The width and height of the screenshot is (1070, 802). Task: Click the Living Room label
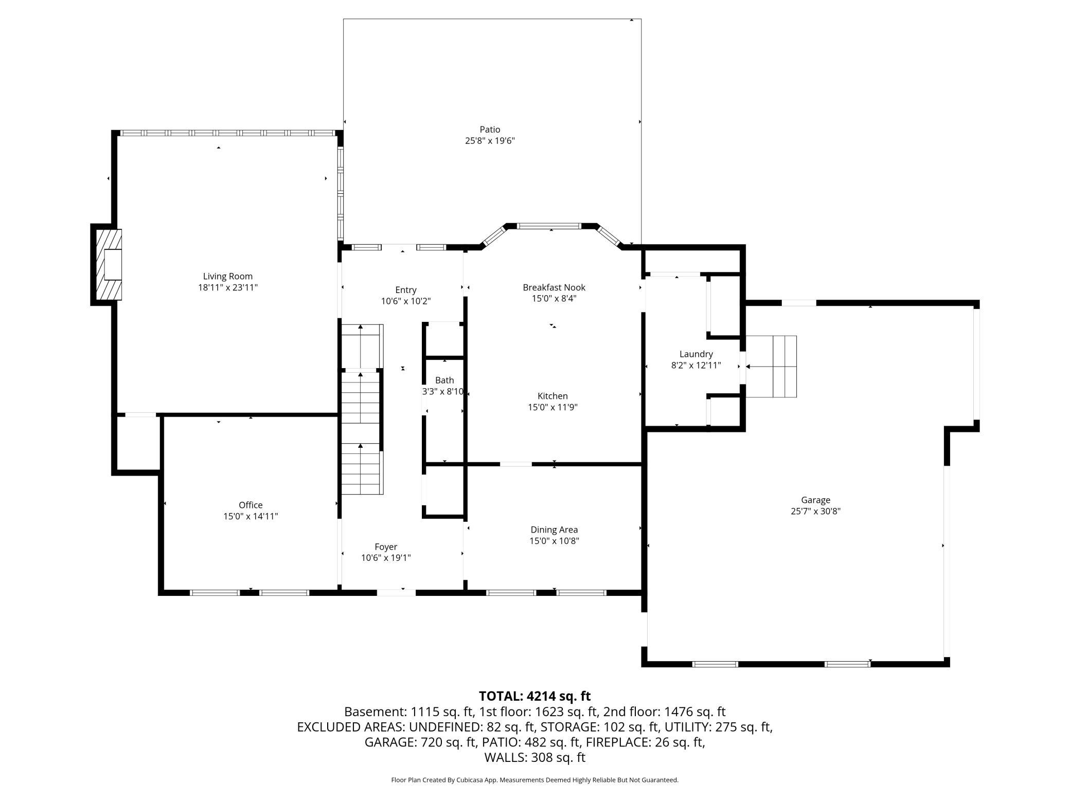coord(228,276)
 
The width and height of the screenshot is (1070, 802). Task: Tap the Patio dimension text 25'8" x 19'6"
coord(490,140)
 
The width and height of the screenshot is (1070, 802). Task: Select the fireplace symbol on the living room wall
coord(107,264)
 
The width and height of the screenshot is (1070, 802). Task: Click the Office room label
coord(251,505)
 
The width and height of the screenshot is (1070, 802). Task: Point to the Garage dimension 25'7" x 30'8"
coord(815,511)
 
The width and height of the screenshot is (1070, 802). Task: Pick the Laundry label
coord(696,354)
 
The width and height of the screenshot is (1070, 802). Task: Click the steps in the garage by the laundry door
coord(771,367)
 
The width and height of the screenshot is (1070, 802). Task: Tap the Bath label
coord(444,380)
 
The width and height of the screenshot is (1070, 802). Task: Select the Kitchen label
coord(552,396)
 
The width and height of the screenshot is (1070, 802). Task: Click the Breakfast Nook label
coord(554,287)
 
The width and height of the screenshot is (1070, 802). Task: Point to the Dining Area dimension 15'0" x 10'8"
coord(554,541)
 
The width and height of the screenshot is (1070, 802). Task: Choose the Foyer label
coord(386,546)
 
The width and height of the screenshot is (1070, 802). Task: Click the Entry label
coord(406,290)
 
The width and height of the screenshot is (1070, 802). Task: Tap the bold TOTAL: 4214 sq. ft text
coord(534,696)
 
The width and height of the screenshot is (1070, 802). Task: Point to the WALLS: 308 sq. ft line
coord(534,757)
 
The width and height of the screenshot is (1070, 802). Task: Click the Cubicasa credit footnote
coord(534,780)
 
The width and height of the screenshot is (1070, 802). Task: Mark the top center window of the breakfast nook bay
coord(549,226)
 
